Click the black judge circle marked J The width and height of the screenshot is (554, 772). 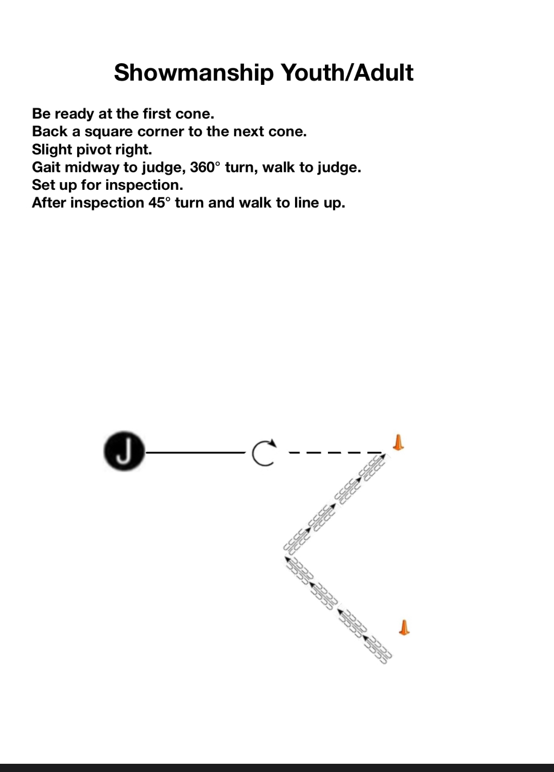pyautogui.click(x=124, y=451)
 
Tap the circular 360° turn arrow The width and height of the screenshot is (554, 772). pyautogui.click(x=264, y=453)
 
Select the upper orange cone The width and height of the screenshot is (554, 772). pyautogui.click(x=398, y=442)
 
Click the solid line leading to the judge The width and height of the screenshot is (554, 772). pyautogui.click(x=196, y=453)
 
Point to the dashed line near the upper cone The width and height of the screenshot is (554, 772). pyautogui.click(x=335, y=453)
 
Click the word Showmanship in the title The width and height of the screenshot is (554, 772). pyautogui.click(x=194, y=73)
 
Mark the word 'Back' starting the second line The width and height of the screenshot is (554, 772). pyautogui.click(x=49, y=132)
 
